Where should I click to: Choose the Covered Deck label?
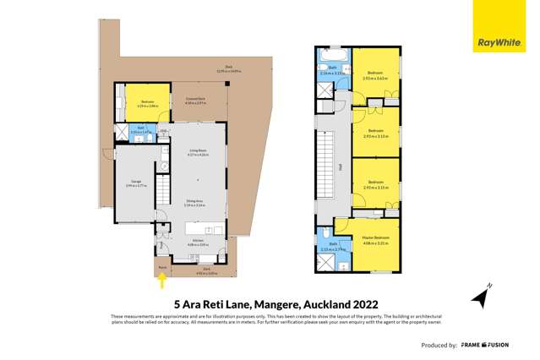click(x=196, y=100)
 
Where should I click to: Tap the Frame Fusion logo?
click(x=499, y=346)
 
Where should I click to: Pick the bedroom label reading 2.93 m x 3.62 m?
click(x=373, y=75)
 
